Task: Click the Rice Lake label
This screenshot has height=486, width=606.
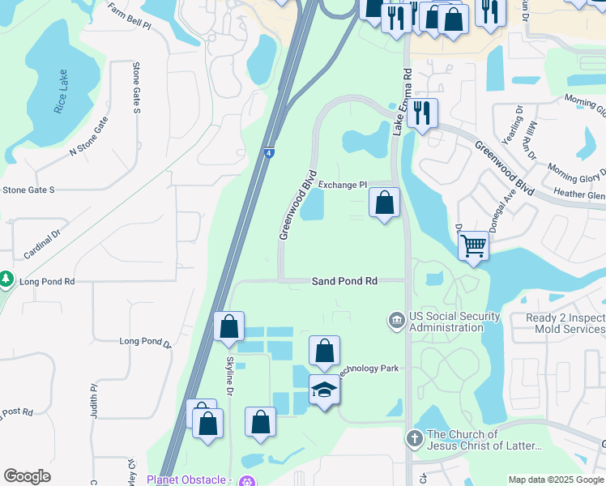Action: pos(61,92)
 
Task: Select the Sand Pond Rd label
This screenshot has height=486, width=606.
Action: pos(345,281)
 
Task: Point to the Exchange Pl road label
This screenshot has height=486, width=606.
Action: pos(343,185)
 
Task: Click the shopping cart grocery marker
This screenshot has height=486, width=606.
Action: pos(473,245)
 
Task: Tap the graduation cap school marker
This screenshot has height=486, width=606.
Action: pos(324,390)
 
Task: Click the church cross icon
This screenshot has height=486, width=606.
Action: pos(414,438)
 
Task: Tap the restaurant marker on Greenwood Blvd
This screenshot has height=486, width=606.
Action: pos(421,113)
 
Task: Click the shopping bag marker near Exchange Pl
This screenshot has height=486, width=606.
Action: pos(385,202)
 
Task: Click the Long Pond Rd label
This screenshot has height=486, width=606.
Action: pos(47,282)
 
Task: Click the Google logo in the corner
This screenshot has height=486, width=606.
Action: pos(27,476)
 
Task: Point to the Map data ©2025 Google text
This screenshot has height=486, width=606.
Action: pos(555,480)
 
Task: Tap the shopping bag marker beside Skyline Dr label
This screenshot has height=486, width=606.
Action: pos(229,327)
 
